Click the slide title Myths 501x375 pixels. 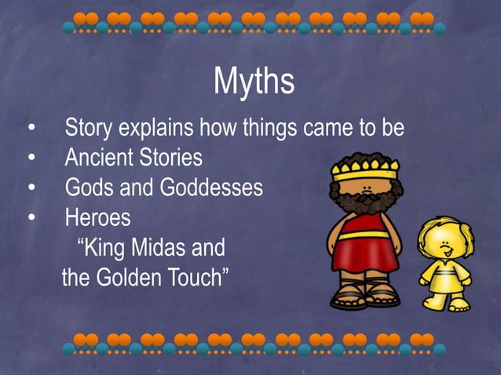[254, 82]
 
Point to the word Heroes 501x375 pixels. [97, 217]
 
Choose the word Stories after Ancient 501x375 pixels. [170, 158]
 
